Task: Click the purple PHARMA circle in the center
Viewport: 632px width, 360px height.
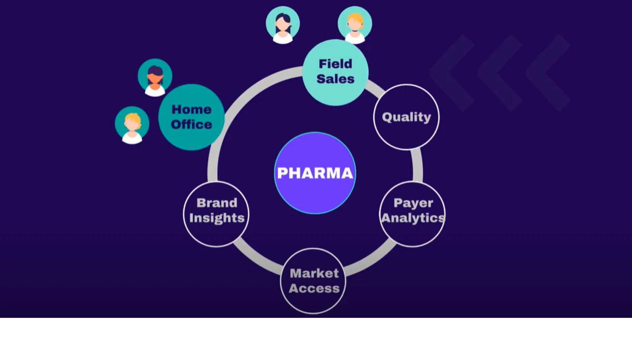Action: (x=315, y=173)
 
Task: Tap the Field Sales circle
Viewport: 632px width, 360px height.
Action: (x=335, y=72)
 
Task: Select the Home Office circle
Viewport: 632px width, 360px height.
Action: (x=191, y=117)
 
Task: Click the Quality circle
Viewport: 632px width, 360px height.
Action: (x=406, y=117)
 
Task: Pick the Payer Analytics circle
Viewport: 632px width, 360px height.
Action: (x=412, y=214)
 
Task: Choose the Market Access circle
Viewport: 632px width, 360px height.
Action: (x=313, y=281)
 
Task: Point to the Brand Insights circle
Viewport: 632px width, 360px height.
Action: (x=216, y=214)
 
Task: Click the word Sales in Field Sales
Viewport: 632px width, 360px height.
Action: (x=335, y=79)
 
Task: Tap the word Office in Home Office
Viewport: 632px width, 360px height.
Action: (x=191, y=125)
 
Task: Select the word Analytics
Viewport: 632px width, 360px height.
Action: (x=413, y=218)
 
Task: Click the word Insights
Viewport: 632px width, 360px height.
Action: (x=217, y=218)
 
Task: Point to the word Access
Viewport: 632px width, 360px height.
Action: (x=314, y=289)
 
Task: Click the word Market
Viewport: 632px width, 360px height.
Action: (x=314, y=273)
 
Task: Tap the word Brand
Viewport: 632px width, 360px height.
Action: (x=217, y=203)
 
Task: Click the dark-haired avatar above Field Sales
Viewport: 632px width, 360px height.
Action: (x=283, y=24)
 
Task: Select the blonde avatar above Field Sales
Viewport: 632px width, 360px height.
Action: (x=355, y=24)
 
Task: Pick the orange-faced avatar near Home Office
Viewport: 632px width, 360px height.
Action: (x=155, y=77)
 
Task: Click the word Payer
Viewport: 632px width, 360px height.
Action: (x=413, y=203)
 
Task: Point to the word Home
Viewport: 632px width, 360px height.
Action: (x=191, y=109)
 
